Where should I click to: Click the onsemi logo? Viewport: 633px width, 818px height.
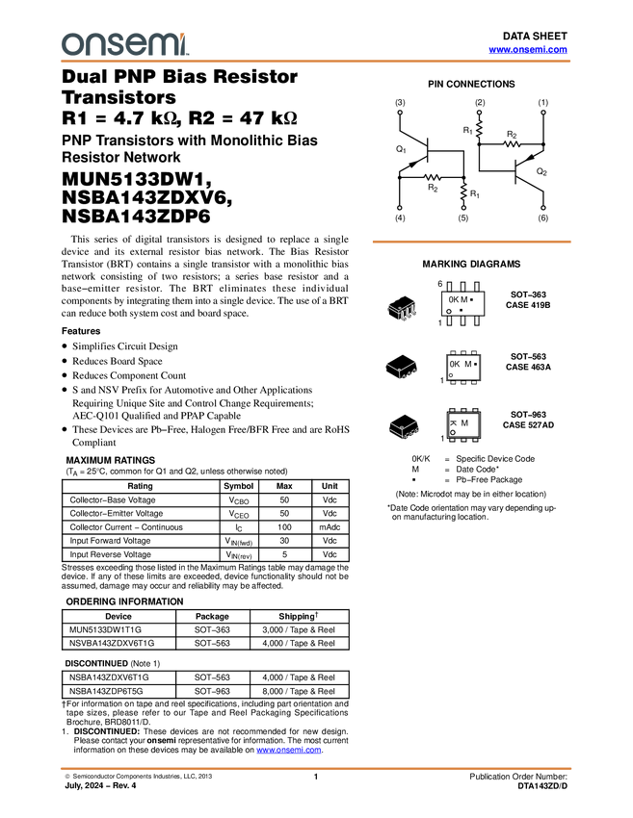(124, 43)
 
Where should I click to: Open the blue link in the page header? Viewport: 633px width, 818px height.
(528, 49)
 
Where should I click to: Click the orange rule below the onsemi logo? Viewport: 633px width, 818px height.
(316, 62)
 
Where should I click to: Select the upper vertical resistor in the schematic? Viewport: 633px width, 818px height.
(479, 128)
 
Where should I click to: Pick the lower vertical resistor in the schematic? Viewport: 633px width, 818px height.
(463, 191)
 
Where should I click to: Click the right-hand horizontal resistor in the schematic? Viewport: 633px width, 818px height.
(512, 144)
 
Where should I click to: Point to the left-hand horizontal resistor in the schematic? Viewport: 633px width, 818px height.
(432, 177)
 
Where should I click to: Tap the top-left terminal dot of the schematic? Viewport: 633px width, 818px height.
(400, 113)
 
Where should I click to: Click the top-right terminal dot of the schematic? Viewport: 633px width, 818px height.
(543, 113)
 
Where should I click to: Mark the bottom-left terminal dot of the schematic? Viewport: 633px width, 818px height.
(398, 208)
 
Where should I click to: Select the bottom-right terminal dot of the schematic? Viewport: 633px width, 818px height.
(543, 208)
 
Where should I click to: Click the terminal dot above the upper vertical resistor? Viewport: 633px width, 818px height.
(479, 113)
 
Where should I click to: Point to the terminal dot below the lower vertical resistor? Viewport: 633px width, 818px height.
(463, 208)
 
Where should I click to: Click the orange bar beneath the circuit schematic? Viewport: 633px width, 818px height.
(471, 242)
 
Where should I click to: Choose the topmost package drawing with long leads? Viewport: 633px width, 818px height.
(401, 308)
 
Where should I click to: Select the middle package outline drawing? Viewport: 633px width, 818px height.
(402, 370)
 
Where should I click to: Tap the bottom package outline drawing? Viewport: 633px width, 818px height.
(403, 429)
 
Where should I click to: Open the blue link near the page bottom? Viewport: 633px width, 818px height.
(288, 751)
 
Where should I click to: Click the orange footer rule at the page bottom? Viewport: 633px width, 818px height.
(316, 769)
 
